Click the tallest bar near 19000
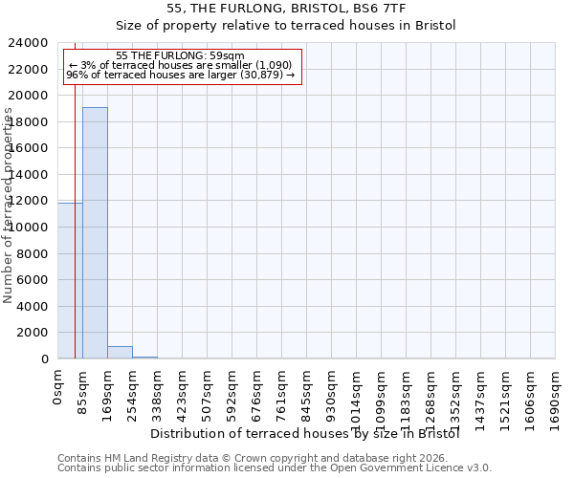point(95,233)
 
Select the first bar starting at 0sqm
point(70,281)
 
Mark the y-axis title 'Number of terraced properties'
point(9,206)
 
